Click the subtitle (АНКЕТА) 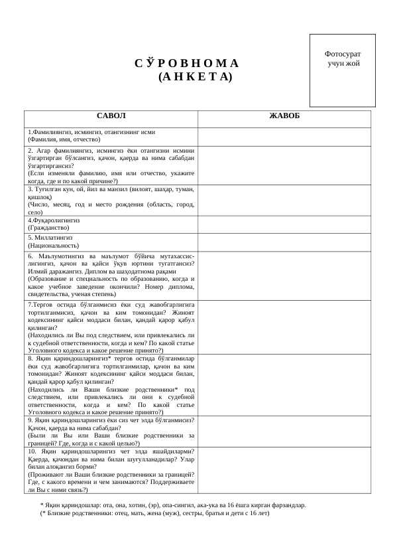pos(196,77)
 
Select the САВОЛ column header pos(111,116)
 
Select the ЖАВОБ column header pos(284,116)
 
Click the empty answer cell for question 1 pos(284,136)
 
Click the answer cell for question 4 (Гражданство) pos(284,224)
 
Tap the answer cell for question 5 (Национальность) pos(284,242)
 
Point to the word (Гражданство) pos(48,228)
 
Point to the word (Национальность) pos(53,246)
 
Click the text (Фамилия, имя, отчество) pos(64,140)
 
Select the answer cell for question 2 pos(284,165)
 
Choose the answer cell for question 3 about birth pos(284,200)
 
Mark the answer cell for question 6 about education pos(284,276)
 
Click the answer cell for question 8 pos(284,385)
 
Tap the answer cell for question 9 pos(284,431)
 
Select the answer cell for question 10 pos(284,470)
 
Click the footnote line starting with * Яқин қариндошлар pos(173,505)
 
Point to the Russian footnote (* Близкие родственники pos(155,513)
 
